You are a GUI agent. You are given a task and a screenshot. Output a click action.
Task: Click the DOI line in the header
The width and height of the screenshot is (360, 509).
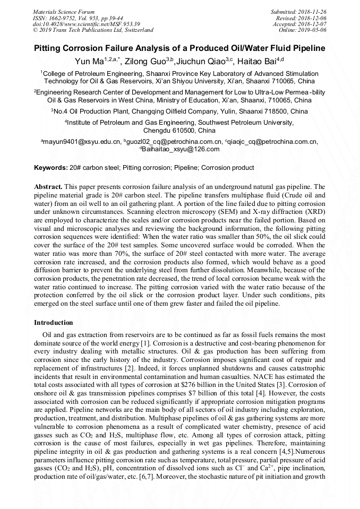click(x=86, y=24)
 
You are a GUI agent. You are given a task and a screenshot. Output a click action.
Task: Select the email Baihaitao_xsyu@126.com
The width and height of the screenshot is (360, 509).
click(x=181, y=149)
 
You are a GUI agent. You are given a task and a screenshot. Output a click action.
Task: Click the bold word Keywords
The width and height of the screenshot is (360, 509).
click(x=50, y=168)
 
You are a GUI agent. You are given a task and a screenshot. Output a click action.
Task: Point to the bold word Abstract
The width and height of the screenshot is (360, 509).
click(x=48, y=187)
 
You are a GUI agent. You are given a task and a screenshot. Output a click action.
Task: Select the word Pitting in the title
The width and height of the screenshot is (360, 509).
click(x=51, y=48)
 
